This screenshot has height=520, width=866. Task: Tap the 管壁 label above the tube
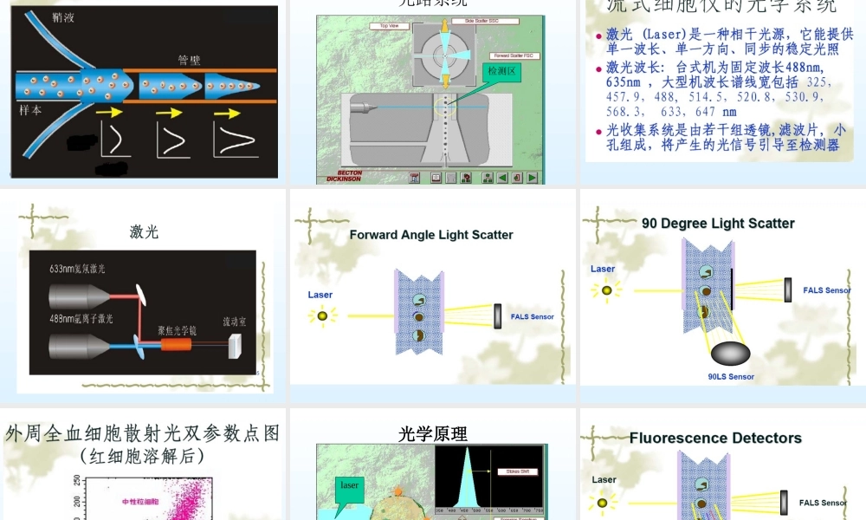click(189, 60)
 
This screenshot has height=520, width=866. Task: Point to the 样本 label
click(31, 111)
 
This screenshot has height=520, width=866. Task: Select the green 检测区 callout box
click(502, 71)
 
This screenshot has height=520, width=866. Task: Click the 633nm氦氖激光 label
click(77, 270)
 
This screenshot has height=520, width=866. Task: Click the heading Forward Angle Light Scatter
click(431, 235)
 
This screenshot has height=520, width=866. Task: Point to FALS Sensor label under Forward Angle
click(532, 317)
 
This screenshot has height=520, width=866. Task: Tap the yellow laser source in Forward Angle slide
click(322, 316)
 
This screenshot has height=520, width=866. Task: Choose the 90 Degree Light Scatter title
click(718, 224)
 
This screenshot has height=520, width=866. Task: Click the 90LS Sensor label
click(731, 377)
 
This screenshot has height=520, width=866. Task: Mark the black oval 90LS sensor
click(731, 354)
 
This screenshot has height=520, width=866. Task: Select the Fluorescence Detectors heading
click(715, 439)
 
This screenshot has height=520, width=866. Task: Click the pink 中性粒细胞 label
click(141, 501)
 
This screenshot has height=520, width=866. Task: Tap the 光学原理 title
click(433, 433)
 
